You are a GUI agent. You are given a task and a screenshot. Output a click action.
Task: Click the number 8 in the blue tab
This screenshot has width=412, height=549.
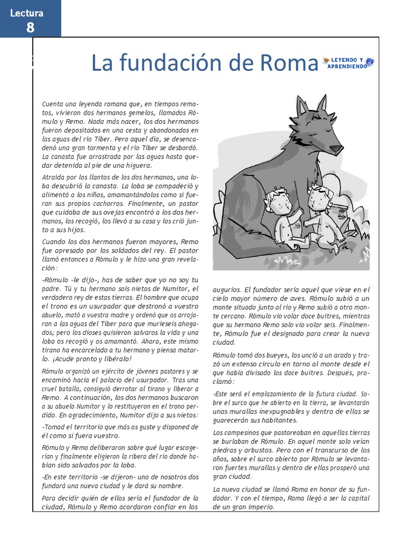30,27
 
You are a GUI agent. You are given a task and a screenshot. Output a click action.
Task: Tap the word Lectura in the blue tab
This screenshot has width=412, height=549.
26,13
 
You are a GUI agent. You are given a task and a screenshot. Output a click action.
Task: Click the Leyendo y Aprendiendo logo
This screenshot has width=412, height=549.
348,63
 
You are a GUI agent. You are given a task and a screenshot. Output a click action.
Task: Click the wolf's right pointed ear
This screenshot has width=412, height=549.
322,103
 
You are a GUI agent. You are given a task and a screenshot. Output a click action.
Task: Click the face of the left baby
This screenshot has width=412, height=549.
279,204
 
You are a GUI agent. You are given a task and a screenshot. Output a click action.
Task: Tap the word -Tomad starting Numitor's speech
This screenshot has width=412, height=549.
53,427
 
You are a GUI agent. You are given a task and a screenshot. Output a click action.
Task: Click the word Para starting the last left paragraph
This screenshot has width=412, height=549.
49,498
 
